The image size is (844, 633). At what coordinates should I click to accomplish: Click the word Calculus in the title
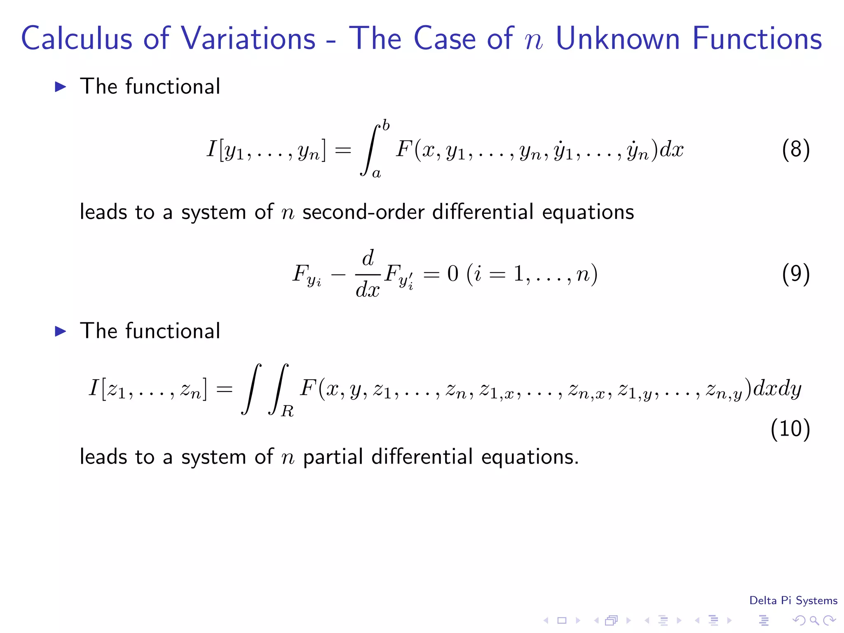click(77, 38)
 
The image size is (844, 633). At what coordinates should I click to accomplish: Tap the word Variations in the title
click(248, 38)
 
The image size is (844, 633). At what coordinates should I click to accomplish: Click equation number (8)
click(795, 149)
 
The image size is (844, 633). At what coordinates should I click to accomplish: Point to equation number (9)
click(795, 274)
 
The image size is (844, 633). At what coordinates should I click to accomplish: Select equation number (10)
click(790, 429)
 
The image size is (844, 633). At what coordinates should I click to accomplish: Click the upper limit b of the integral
click(386, 125)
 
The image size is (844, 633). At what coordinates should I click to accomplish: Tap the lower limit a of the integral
click(376, 173)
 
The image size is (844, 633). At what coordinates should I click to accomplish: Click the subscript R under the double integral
click(287, 411)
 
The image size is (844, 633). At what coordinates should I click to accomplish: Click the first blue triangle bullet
click(61, 87)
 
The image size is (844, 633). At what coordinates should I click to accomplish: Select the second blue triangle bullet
click(61, 331)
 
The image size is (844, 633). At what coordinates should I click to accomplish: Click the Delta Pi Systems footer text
click(793, 600)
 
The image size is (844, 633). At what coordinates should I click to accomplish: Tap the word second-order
click(363, 212)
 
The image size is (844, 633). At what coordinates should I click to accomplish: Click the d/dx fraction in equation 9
click(368, 274)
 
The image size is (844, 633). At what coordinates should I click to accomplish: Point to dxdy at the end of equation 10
click(777, 389)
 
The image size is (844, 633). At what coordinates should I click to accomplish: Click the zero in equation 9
click(452, 274)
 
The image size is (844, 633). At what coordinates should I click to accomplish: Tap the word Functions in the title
click(757, 38)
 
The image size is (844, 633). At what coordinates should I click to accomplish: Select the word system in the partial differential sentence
click(213, 457)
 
